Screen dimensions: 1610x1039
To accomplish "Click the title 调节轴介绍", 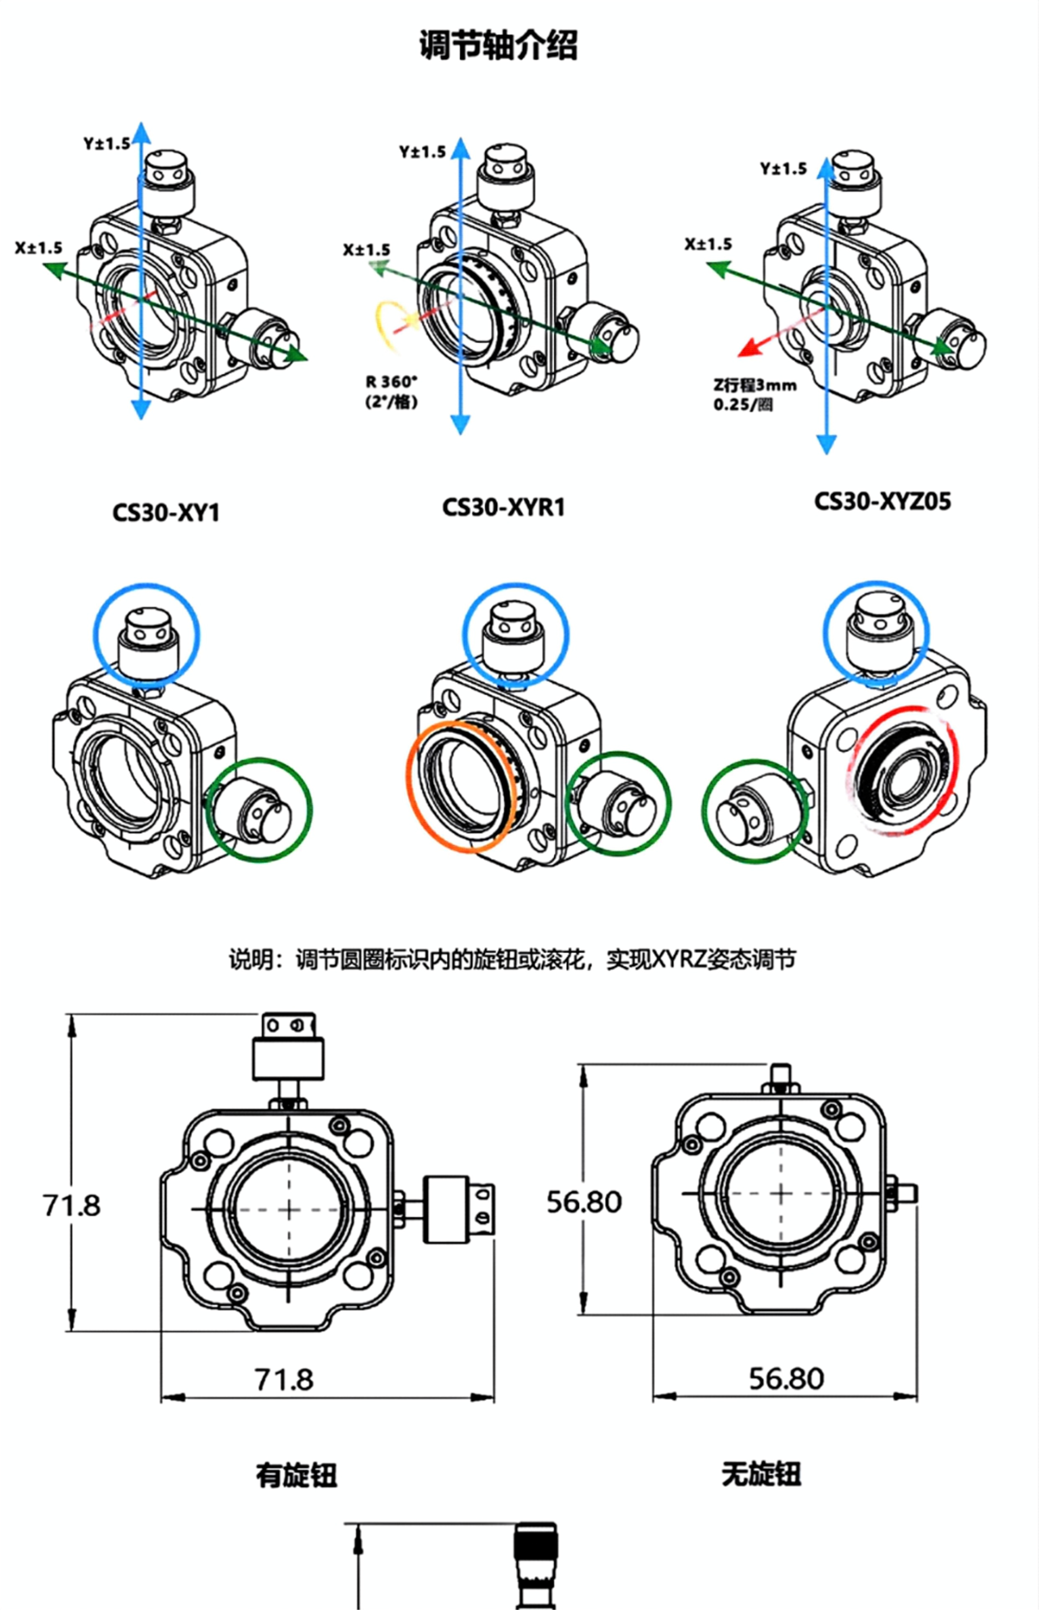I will point(499,46).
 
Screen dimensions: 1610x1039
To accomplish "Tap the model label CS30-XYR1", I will point(503,508).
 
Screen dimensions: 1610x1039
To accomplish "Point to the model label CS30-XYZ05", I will point(882,501).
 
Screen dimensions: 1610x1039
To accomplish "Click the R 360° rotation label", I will point(392,382).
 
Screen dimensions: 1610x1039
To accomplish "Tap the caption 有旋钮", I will point(296,1475).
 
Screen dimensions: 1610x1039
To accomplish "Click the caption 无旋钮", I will point(762,1474).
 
